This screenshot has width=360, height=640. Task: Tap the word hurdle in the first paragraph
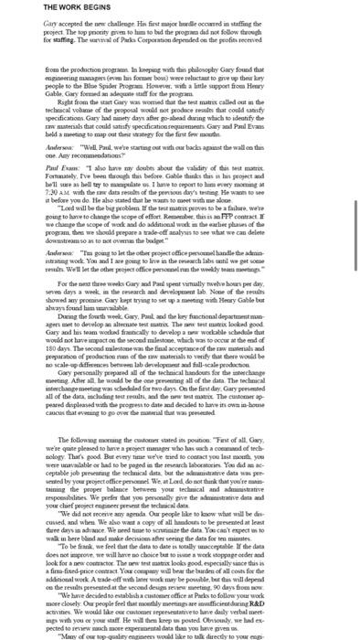coord(215,25)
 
